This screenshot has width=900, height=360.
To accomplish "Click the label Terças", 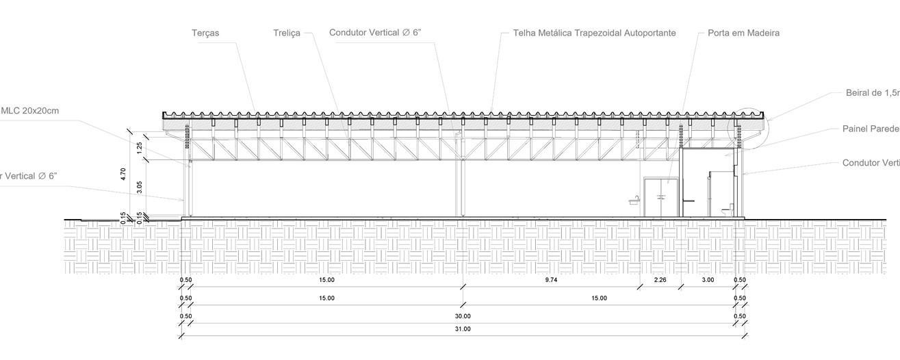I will point(205,33).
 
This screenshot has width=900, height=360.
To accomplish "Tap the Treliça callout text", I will point(286,33).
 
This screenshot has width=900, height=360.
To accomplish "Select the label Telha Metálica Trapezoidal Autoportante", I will point(594,33).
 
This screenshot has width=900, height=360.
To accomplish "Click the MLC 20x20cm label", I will point(30,111).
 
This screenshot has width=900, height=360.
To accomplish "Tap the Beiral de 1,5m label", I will point(872,93).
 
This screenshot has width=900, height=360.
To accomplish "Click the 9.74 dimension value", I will point(552,280).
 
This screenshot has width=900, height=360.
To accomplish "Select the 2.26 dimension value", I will point(660,280).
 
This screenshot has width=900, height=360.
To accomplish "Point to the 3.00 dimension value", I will point(708,280).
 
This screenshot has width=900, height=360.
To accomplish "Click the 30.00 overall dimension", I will point(463,316).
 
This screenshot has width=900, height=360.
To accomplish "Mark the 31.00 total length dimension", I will point(463,329).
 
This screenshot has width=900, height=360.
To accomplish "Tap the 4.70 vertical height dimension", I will point(123,174).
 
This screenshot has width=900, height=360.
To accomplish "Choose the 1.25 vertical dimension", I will point(140,146).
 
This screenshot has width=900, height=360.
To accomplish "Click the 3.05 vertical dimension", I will point(140,186).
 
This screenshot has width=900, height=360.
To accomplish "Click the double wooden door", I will point(660,197).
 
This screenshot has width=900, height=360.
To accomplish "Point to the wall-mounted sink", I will point(636,200).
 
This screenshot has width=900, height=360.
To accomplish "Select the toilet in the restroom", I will point(730,207).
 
